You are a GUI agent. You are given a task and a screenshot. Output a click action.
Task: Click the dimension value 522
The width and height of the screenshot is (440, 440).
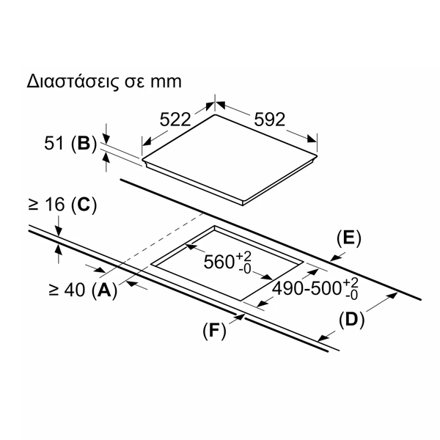coord(175,120)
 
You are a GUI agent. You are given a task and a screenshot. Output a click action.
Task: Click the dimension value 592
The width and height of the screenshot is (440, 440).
coord(269,120)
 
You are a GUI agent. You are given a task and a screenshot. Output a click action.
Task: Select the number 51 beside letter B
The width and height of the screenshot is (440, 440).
coord(54,144)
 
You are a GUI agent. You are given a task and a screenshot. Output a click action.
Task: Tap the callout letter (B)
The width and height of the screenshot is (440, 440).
coord(84,144)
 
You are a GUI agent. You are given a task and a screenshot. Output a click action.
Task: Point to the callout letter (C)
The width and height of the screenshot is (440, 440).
coord(84,205)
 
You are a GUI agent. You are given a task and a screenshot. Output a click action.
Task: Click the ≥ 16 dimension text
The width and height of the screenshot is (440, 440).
coord(47,204)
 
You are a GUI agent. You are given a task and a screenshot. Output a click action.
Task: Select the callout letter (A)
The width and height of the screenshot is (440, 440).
coord(104,290)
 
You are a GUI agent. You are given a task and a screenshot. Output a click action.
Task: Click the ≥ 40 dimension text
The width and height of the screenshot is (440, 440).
coord(67,290)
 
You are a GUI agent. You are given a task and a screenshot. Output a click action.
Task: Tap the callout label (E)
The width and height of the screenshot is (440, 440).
coord(349,239)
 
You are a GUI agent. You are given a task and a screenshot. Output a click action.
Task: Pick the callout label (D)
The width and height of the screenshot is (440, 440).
coord(351,320)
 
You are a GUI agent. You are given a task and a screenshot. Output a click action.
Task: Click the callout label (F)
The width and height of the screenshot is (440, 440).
coord(214,331)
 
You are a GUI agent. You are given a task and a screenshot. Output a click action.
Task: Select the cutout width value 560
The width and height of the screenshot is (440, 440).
coord(219,262)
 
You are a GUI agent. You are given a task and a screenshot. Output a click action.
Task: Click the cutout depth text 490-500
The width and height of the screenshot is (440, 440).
coord(307,288)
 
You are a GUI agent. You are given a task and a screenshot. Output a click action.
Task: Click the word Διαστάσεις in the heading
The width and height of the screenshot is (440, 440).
coord(73,81)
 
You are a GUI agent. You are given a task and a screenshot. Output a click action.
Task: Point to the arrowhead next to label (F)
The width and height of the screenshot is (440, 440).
coord(239,317)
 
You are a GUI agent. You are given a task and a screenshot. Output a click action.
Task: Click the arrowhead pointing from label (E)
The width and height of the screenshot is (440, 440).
coord(335,257)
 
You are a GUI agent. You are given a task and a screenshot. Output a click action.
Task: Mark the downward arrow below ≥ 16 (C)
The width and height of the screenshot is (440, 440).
coord(59,230)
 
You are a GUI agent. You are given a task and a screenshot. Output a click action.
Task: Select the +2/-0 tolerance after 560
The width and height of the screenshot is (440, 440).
coord(243,262)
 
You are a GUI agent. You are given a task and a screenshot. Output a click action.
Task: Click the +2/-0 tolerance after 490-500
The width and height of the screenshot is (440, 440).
coord(351,288)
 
